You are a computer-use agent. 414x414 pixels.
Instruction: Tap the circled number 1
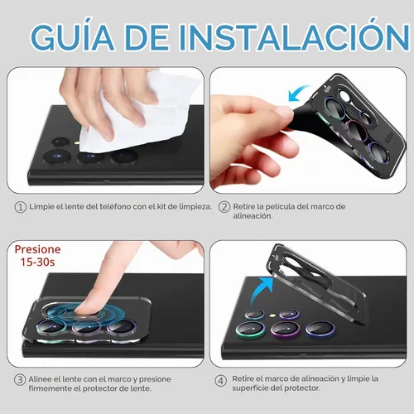coord(20,207)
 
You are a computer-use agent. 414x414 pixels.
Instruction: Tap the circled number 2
coord(224,207)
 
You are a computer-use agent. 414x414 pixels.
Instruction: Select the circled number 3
coord(20,380)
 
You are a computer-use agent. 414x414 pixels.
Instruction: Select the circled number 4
coord(220,381)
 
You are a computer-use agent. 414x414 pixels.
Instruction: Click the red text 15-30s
coord(37,262)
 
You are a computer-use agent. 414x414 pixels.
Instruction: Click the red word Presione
coord(37,249)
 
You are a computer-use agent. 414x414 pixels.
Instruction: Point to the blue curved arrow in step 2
coord(298,92)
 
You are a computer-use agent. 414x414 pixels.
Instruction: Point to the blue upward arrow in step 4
coord(262,290)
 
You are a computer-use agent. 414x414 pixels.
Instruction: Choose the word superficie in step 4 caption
coord(250,388)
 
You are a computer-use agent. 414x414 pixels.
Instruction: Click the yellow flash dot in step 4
coord(272,315)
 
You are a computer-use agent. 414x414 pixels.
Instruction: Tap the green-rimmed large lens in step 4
coord(251,329)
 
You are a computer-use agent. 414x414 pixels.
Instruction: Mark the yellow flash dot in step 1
coord(78,143)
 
